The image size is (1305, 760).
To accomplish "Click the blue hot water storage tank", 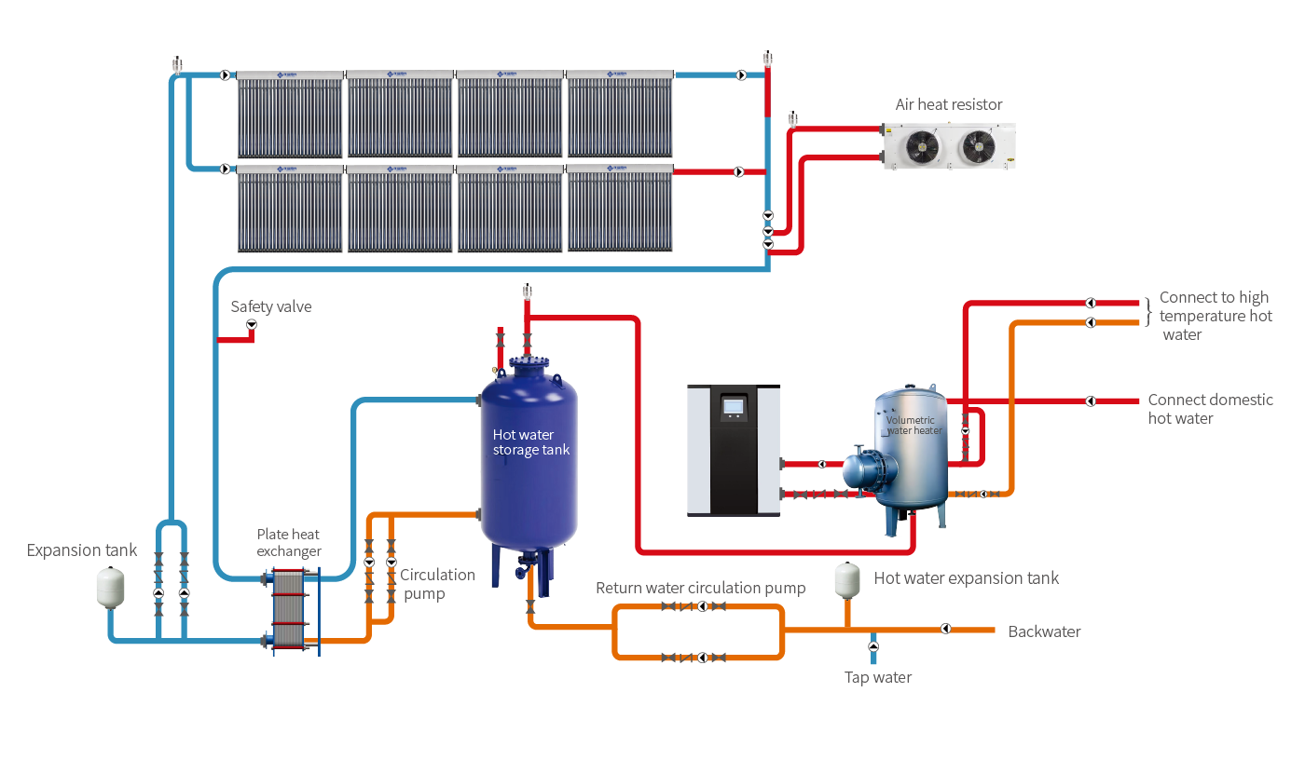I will point(529,456).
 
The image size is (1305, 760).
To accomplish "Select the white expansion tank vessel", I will point(111,587).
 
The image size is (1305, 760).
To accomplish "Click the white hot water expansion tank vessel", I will point(847,579).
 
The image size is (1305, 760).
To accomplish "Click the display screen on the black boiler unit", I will point(734,406).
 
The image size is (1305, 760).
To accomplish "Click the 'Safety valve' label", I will point(271,306).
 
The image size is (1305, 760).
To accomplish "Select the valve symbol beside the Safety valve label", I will point(251,324).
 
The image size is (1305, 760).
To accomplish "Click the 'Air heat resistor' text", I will point(949,104).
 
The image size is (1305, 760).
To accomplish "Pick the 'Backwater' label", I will point(1044,631).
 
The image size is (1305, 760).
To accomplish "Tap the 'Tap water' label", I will point(878,677).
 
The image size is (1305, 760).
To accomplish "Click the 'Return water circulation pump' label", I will point(700,588).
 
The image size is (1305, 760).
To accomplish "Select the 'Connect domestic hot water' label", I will point(1210,409).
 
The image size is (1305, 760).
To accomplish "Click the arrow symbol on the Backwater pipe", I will point(945,629).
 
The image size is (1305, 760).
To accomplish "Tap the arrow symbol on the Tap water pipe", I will point(873,645).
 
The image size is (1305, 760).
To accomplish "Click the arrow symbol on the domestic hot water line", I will point(1091,400).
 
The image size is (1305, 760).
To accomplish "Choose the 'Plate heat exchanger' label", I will point(289,542).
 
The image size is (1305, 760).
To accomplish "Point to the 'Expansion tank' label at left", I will point(82,550).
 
